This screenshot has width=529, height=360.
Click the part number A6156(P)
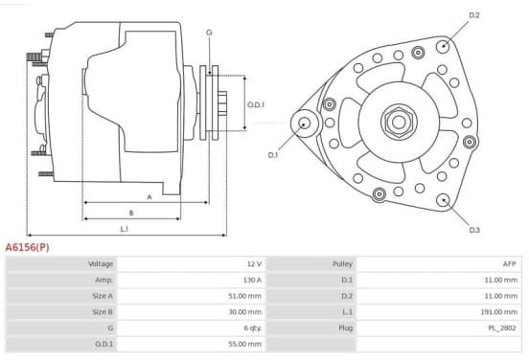pyautogui.click(x=27, y=247)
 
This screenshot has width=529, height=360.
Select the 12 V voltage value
pyautogui.click(x=254, y=264)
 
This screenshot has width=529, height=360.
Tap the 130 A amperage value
pyautogui.click(x=252, y=280)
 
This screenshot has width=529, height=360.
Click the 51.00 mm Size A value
pyautogui.click(x=245, y=296)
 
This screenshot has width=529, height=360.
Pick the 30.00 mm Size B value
pyautogui.click(x=245, y=312)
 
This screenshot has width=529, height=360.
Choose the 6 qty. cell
pyautogui.click(x=253, y=328)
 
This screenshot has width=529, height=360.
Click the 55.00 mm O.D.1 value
pyautogui.click(x=245, y=344)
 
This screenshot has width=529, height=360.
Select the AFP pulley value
pyautogui.click(x=510, y=264)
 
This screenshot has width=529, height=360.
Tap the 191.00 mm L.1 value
pyautogui.click(x=499, y=312)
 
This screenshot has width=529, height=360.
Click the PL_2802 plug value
pyautogui.click(x=502, y=328)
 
